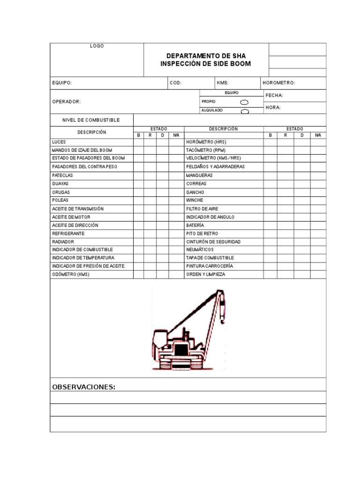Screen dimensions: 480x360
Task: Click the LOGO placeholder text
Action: click(97, 46)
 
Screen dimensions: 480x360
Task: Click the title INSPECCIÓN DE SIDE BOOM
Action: click(205, 64)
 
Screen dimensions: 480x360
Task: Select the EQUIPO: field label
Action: click(62, 83)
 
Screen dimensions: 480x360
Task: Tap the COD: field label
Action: click(176, 83)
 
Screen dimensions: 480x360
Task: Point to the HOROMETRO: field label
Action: click(279, 83)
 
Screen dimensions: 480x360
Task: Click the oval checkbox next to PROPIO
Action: click(244, 102)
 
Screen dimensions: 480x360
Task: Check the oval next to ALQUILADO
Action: click(244, 111)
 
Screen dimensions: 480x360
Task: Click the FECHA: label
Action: click(274, 96)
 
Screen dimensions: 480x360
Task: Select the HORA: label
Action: click(273, 107)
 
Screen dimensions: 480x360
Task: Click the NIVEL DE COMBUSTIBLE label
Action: click(91, 120)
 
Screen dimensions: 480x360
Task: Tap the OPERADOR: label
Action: click(66, 101)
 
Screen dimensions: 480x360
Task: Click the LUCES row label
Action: click(59, 142)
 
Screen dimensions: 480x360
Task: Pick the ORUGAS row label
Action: click(60, 192)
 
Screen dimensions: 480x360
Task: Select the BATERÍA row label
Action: click(195, 225)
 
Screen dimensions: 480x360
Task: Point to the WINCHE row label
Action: click(195, 200)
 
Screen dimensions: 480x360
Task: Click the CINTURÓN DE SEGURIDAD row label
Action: click(213, 242)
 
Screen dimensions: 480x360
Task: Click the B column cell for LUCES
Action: click(138, 142)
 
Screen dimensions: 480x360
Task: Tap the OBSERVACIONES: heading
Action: click(83, 387)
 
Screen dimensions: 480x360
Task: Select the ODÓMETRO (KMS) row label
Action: click(70, 274)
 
